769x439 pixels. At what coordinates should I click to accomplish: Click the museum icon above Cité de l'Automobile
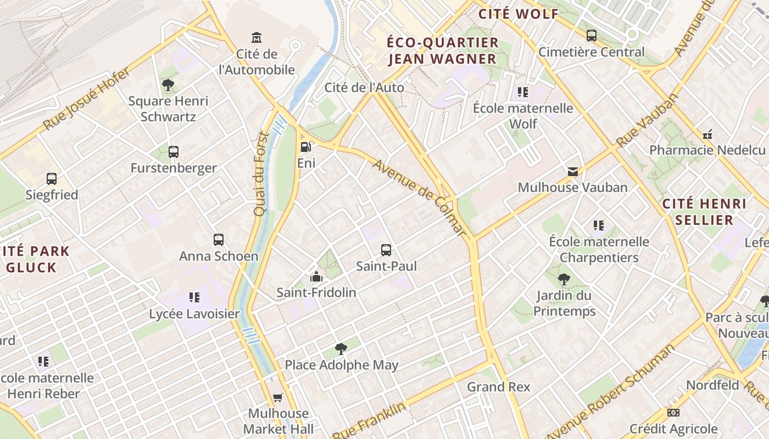point(257,37)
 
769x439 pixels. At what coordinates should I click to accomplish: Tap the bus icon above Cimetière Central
point(592,36)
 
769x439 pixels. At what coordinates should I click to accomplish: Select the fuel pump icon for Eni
point(306,147)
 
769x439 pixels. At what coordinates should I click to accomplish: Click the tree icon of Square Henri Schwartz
point(168,85)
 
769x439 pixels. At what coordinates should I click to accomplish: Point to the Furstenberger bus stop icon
point(174,152)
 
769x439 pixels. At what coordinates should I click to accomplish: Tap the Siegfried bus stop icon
point(52,179)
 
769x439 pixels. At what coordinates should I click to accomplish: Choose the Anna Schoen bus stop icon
point(219,240)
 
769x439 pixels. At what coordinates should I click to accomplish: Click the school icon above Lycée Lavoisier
point(194,297)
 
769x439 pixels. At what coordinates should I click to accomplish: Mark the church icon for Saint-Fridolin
point(316,276)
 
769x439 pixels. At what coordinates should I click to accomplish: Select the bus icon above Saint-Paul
point(386,250)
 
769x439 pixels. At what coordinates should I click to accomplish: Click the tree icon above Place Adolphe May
point(341,348)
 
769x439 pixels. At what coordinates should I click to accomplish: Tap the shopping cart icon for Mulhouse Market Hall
point(278,397)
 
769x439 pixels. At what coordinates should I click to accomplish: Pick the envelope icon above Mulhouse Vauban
point(573,172)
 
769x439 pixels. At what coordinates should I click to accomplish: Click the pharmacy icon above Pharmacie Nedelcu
point(707,134)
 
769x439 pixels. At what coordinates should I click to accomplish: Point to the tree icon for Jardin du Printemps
point(564,279)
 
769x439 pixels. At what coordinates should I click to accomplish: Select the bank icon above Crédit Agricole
point(673,413)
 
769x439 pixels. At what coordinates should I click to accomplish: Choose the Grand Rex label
point(499,387)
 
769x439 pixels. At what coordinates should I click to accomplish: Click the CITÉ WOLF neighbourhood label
point(519,14)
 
